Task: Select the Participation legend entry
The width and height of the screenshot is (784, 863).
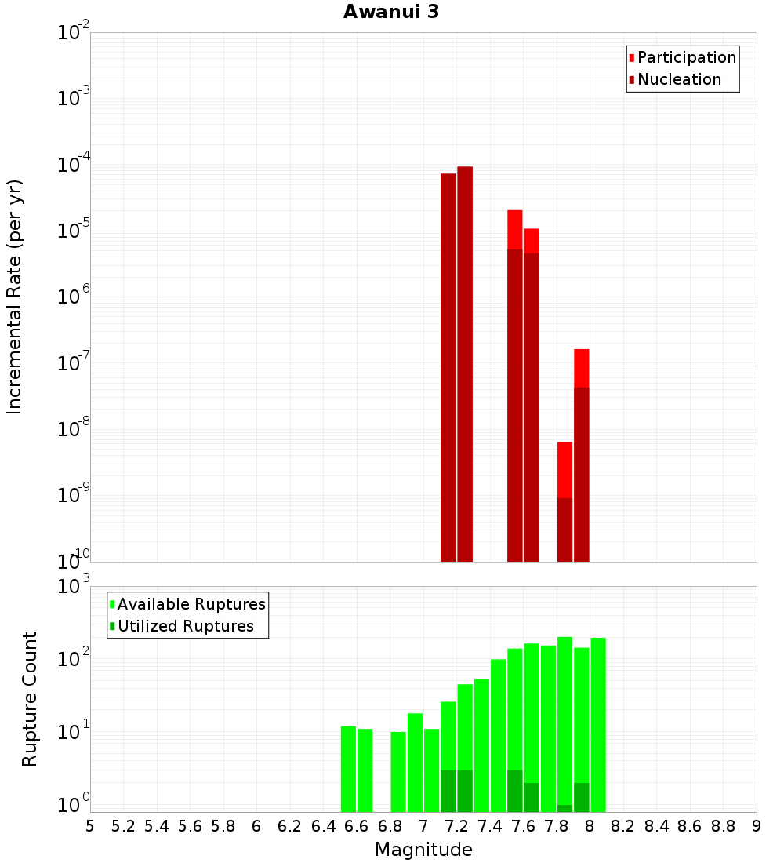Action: [686, 57]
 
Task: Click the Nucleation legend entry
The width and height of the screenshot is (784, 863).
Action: [678, 79]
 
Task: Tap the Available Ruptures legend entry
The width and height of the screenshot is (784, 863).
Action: [191, 604]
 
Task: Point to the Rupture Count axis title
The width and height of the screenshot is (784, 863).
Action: [30, 699]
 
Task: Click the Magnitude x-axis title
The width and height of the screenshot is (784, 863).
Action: [423, 850]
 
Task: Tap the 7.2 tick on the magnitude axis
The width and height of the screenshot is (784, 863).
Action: [456, 826]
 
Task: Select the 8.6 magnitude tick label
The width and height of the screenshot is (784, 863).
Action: [690, 826]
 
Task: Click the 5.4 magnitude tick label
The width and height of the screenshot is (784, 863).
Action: [157, 826]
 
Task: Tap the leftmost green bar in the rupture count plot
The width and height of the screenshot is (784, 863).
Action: [348, 769]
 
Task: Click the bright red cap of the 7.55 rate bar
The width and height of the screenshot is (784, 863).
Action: [515, 229]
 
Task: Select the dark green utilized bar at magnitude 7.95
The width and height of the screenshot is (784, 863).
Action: [582, 797]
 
